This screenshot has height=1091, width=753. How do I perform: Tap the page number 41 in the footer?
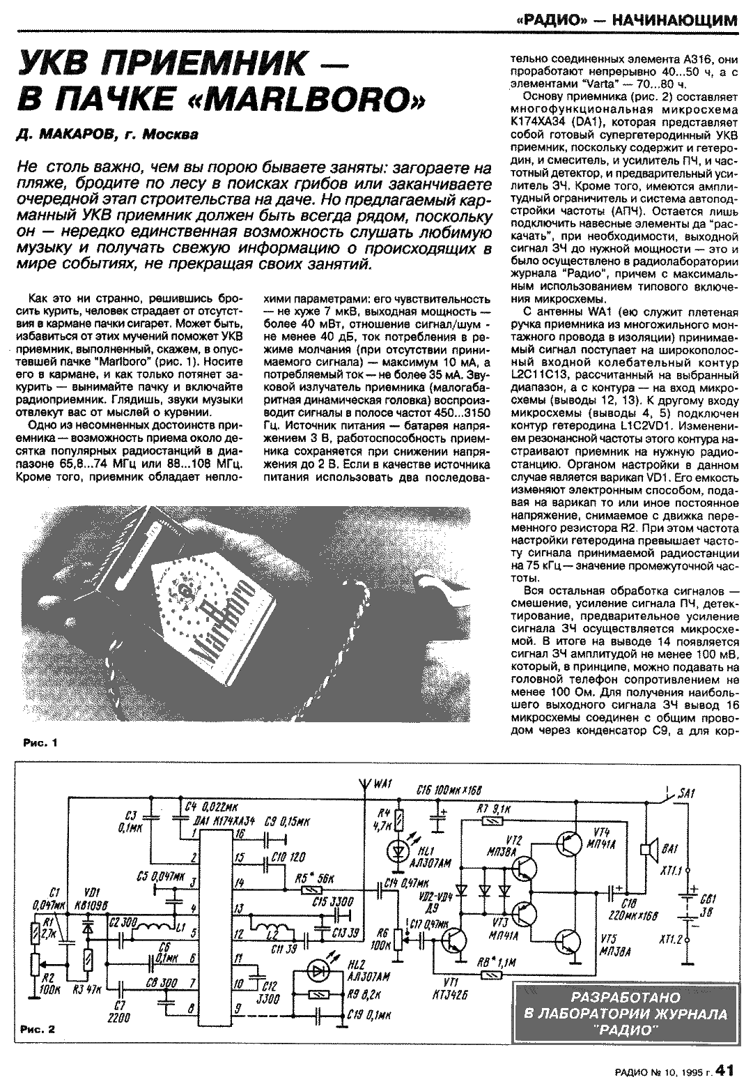(x=724, y=1072)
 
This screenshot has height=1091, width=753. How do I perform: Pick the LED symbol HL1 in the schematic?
(x=398, y=850)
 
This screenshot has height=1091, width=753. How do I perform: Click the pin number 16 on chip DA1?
(x=240, y=834)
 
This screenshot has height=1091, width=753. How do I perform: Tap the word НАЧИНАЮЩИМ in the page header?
(x=674, y=20)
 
